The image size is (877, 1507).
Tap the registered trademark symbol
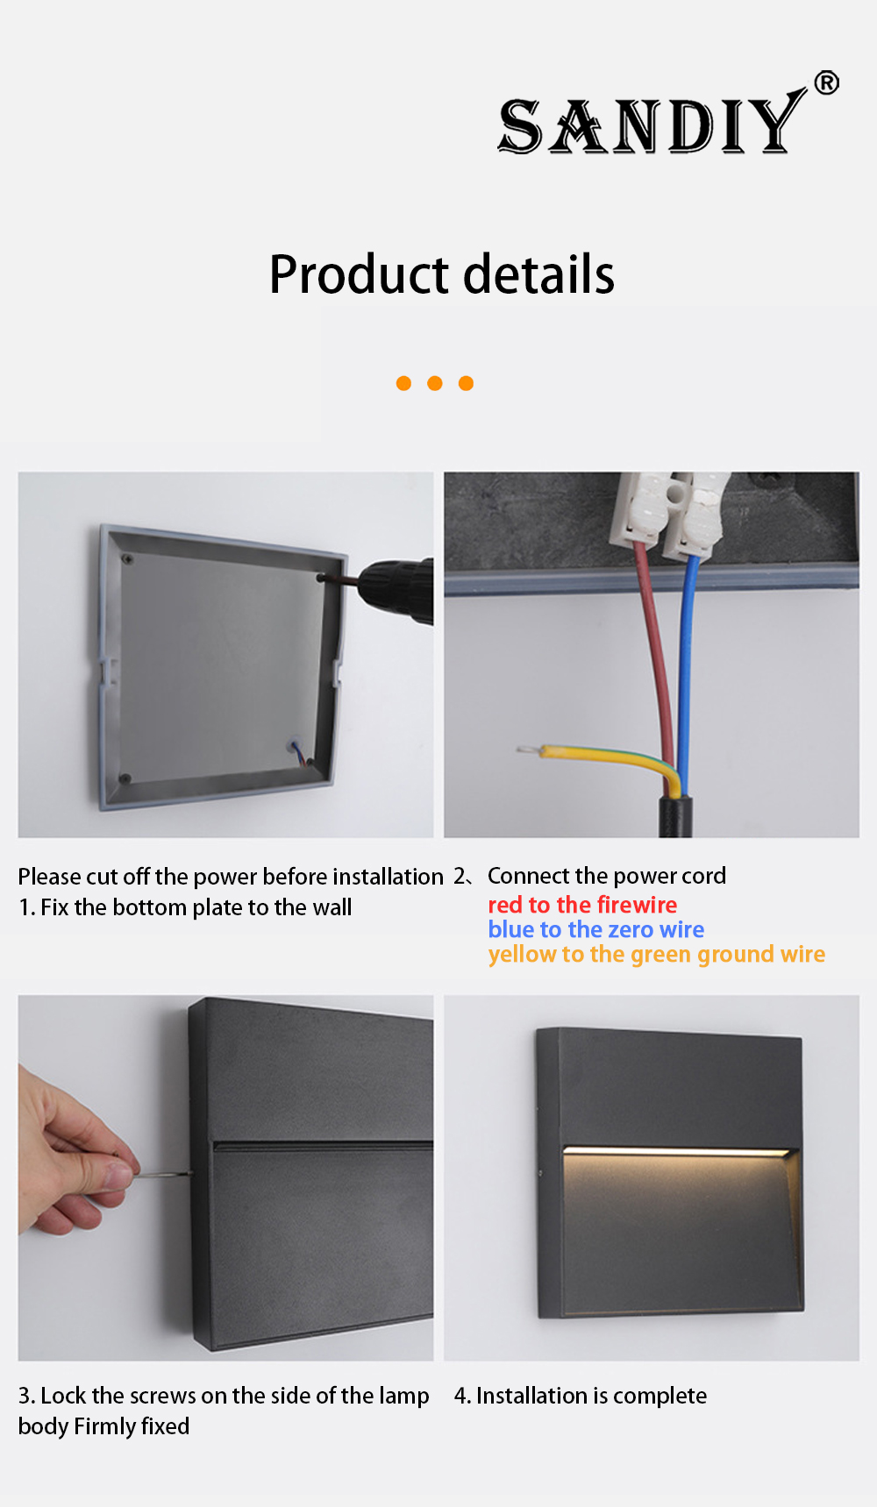(826, 82)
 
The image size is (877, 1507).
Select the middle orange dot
(435, 383)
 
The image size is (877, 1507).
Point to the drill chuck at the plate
(395, 589)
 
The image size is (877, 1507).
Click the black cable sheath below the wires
(675, 816)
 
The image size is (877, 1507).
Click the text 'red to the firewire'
(582, 905)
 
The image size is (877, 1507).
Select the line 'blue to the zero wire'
(596, 929)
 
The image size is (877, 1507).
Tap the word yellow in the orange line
(522, 955)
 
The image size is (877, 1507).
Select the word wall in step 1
(332, 907)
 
